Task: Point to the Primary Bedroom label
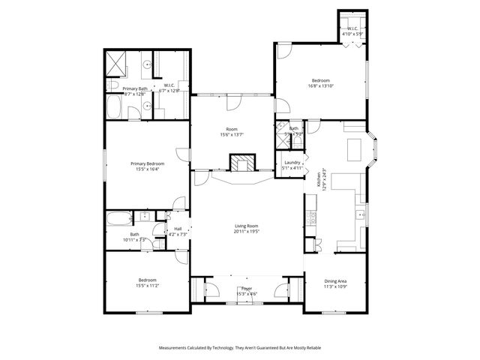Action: click(x=147, y=163)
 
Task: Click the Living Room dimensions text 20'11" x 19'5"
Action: click(x=247, y=232)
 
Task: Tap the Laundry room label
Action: click(x=292, y=163)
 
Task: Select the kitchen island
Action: click(x=353, y=151)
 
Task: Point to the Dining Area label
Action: click(x=335, y=280)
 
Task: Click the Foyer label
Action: click(x=247, y=289)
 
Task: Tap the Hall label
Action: click(x=178, y=229)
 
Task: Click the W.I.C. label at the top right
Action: click(x=352, y=29)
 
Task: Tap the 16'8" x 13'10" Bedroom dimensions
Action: click(x=321, y=86)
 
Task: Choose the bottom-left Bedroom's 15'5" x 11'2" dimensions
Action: click(x=147, y=286)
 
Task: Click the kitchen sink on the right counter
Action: click(x=361, y=216)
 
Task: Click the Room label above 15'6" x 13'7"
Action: click(x=232, y=129)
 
